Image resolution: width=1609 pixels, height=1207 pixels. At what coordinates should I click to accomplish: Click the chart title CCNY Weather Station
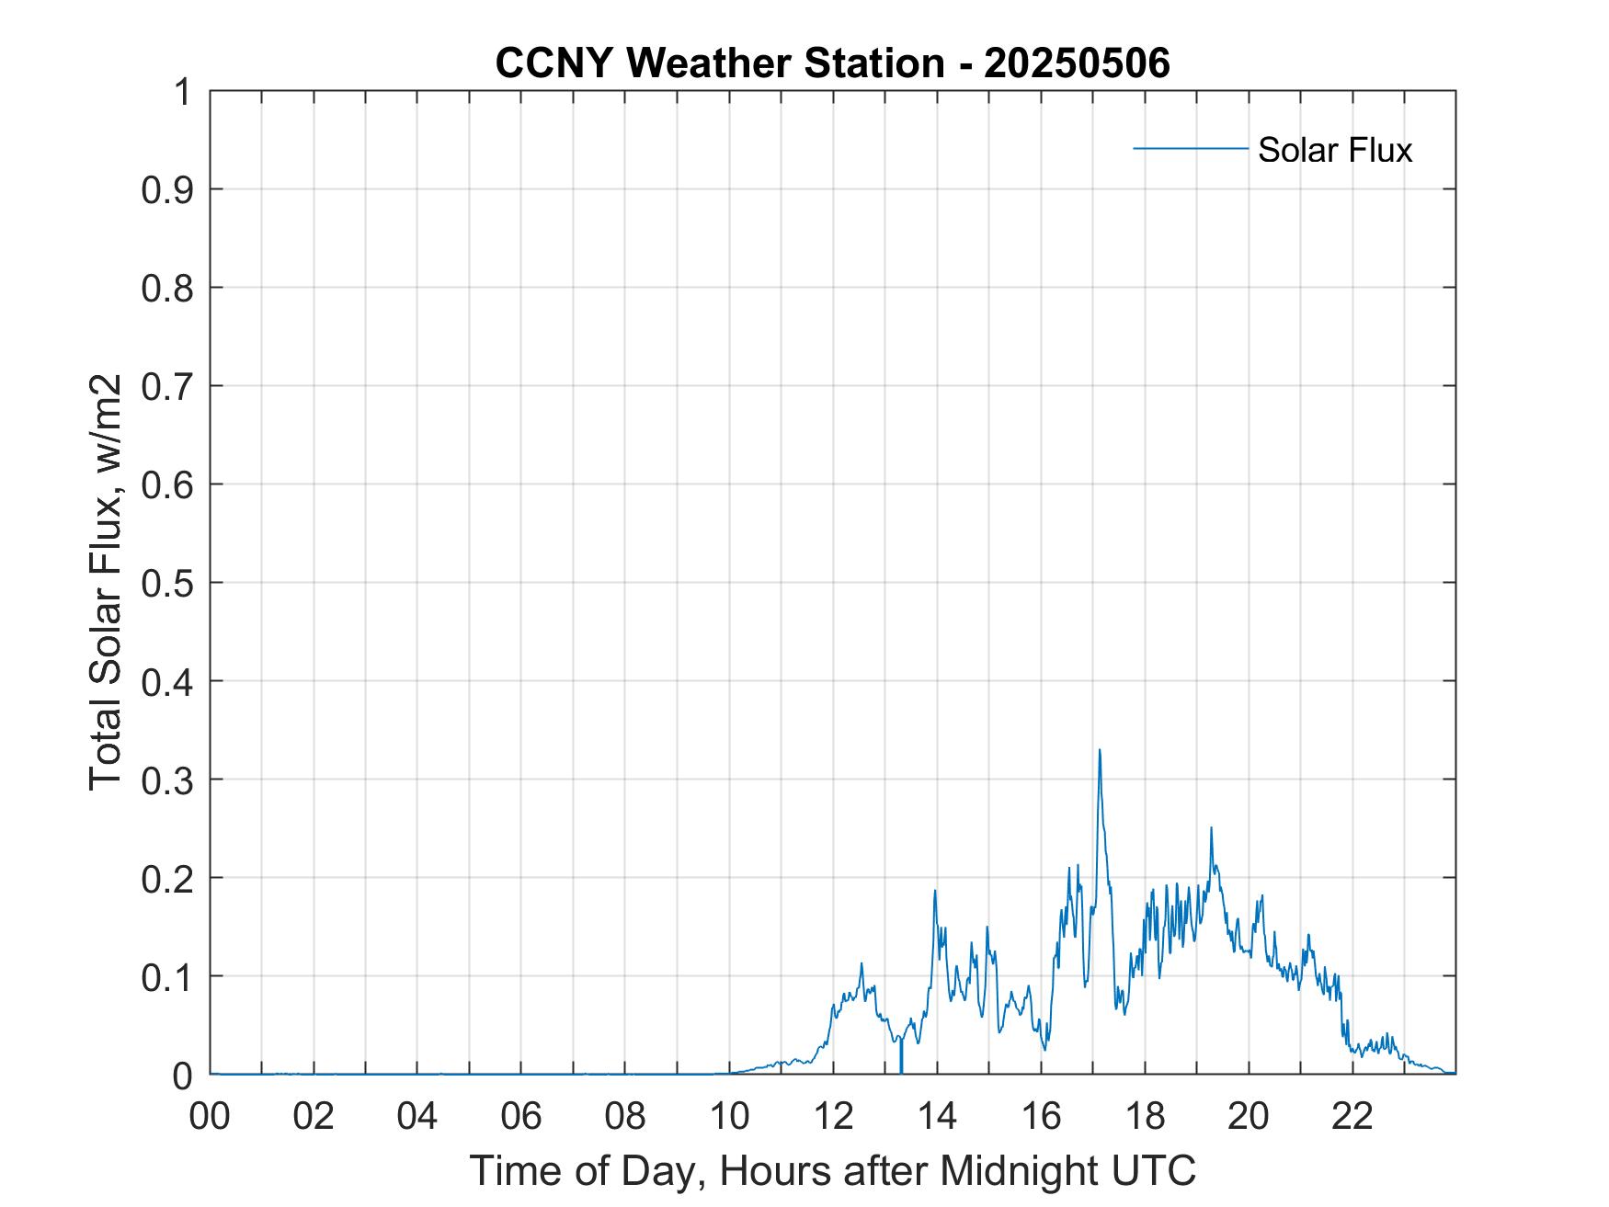(x=719, y=63)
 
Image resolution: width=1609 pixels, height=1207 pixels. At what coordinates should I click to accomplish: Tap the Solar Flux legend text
(x=1334, y=150)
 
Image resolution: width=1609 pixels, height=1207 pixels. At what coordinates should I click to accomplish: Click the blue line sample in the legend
(x=1190, y=148)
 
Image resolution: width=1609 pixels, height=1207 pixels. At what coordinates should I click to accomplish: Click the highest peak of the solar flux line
(x=1099, y=750)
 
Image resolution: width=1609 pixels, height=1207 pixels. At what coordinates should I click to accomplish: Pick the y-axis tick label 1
(x=184, y=92)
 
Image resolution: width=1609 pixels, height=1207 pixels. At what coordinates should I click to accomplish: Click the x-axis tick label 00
(x=210, y=1116)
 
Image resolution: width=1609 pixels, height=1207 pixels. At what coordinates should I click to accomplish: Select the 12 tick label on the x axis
(x=833, y=1116)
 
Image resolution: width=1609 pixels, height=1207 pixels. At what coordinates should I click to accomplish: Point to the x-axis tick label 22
(x=1352, y=1116)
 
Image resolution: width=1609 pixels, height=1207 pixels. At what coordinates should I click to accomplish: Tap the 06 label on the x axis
(x=521, y=1116)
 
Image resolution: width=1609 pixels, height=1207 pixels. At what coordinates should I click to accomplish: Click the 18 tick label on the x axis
(x=1145, y=1116)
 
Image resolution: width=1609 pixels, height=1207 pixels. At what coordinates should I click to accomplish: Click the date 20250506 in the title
(x=1077, y=63)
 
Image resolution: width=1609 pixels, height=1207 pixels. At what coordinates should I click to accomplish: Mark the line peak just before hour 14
(x=934, y=891)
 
